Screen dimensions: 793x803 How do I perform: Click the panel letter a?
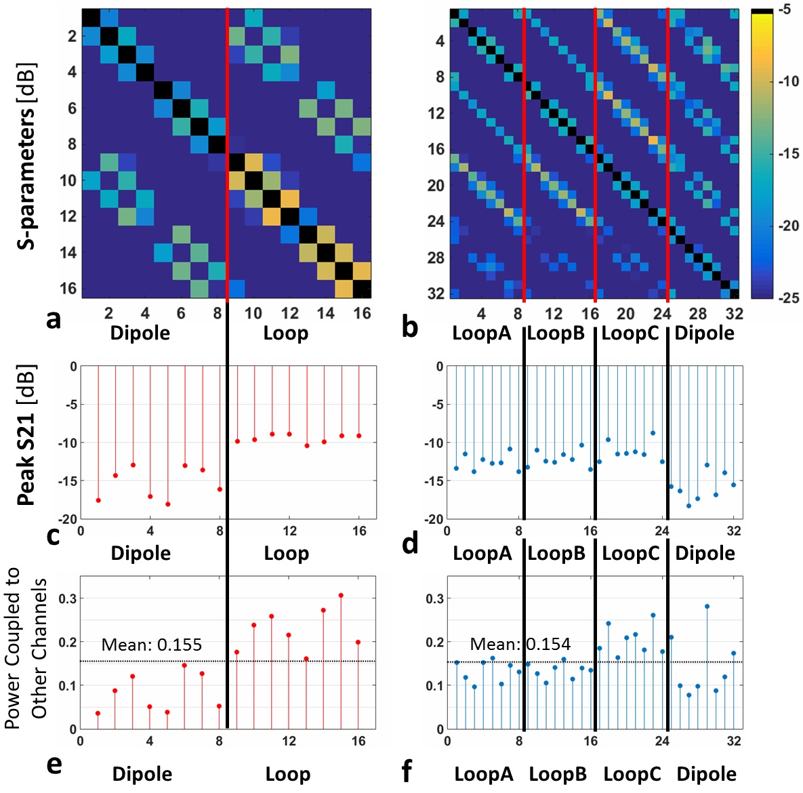pyautogui.click(x=54, y=318)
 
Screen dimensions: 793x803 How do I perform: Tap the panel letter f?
pyautogui.click(x=407, y=771)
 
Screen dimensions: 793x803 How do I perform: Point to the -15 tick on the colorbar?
pyautogui.click(x=788, y=154)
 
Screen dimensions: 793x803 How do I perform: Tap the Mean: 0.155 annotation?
pyautogui.click(x=151, y=645)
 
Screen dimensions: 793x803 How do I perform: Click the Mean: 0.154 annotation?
pyautogui.click(x=520, y=645)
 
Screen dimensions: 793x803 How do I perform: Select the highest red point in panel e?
pyautogui.click(x=341, y=596)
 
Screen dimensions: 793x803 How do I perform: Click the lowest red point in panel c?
pyautogui.click(x=168, y=504)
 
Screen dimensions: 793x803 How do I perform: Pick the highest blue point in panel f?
pyautogui.click(x=707, y=607)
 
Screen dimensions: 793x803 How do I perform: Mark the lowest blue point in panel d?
pyautogui.click(x=688, y=506)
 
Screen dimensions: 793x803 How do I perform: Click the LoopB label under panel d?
pyautogui.click(x=556, y=553)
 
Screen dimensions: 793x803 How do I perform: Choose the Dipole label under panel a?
pyautogui.click(x=140, y=333)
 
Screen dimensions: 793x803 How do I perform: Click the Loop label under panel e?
pyautogui.click(x=287, y=774)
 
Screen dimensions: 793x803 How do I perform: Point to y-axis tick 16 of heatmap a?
pyautogui.click(x=68, y=288)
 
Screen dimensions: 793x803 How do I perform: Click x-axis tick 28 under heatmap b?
pyautogui.click(x=698, y=314)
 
